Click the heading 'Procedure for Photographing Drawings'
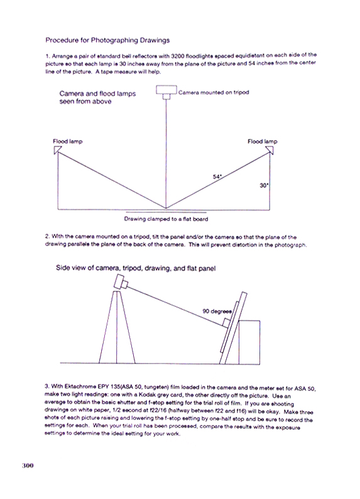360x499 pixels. (x=107, y=40)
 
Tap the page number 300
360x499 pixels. (x=28, y=466)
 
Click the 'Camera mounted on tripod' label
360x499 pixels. (x=214, y=92)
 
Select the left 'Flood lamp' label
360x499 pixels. (x=68, y=141)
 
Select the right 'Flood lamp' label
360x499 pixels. (x=263, y=141)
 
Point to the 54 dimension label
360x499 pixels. (x=217, y=176)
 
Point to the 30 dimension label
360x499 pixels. (x=264, y=185)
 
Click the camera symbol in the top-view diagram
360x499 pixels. (x=166, y=92)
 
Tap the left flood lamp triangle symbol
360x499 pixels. (x=58, y=150)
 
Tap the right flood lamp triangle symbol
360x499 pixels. (x=270, y=150)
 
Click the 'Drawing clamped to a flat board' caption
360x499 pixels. (x=166, y=219)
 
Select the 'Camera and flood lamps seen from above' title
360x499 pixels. (x=97, y=97)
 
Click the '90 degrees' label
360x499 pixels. (x=217, y=311)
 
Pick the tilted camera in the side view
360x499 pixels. (x=121, y=282)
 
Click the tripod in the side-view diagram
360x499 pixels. (x=117, y=327)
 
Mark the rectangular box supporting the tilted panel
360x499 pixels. (x=249, y=342)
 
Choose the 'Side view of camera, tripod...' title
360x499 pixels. (x=136, y=268)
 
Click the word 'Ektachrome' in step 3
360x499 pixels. (x=80, y=387)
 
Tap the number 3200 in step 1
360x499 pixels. (x=178, y=56)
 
